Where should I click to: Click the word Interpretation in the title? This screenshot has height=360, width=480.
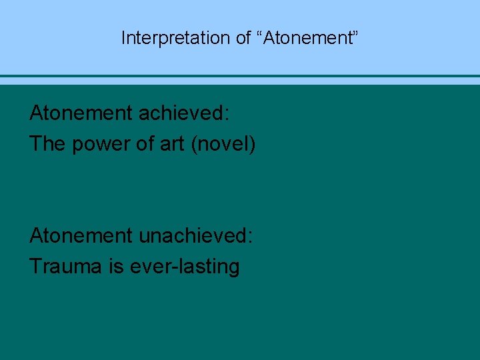[x=176, y=38]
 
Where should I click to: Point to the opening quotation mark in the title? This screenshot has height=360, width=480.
[x=260, y=33]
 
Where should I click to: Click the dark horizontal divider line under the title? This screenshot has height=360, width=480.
[x=240, y=76]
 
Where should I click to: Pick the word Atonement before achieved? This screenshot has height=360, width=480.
[x=81, y=113]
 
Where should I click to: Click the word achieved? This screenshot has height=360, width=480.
[x=181, y=113]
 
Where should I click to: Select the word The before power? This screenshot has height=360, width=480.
[x=47, y=144]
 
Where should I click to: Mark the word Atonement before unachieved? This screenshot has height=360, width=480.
[x=81, y=236]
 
